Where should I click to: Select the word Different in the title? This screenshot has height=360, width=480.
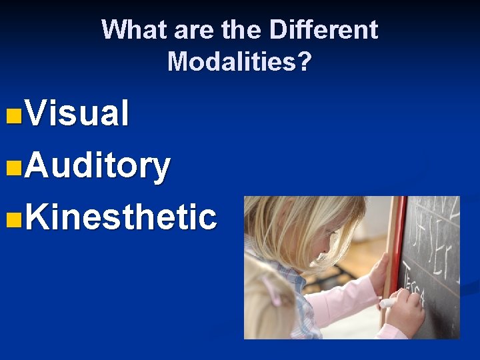coord(323,29)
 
